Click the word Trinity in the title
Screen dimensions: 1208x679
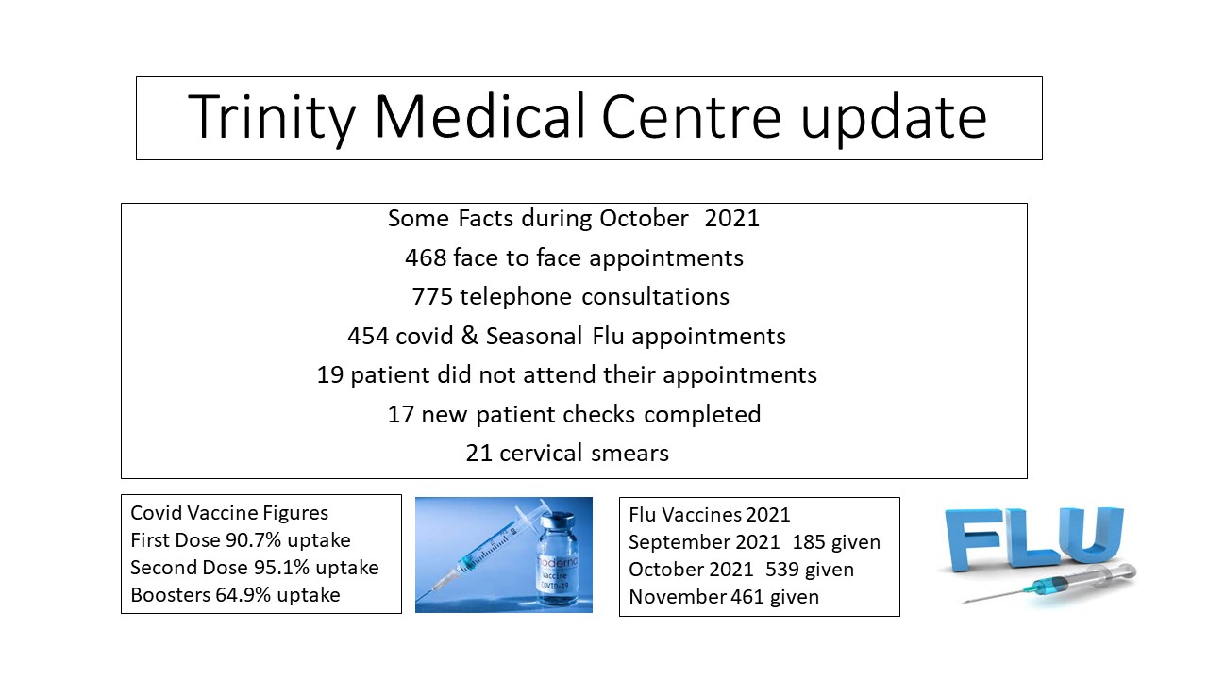tap(271, 118)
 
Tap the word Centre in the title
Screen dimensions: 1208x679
tap(692, 117)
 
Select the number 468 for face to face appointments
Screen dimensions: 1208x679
tap(426, 257)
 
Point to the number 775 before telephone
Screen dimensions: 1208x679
tap(432, 296)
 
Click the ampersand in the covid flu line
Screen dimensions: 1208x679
tap(470, 335)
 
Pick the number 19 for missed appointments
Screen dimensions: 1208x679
tap(330, 374)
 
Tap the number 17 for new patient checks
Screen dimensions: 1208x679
tap(401, 414)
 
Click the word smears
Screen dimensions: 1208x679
tap(629, 454)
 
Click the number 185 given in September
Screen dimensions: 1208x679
tap(810, 542)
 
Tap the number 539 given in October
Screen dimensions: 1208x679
tap(783, 570)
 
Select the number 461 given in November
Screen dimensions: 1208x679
tap(747, 597)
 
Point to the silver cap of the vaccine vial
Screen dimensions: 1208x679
tap(559, 521)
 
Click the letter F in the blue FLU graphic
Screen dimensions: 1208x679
tap(973, 538)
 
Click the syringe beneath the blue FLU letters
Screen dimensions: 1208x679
tap(1049, 584)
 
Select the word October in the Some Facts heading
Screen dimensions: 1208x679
tap(644, 218)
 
